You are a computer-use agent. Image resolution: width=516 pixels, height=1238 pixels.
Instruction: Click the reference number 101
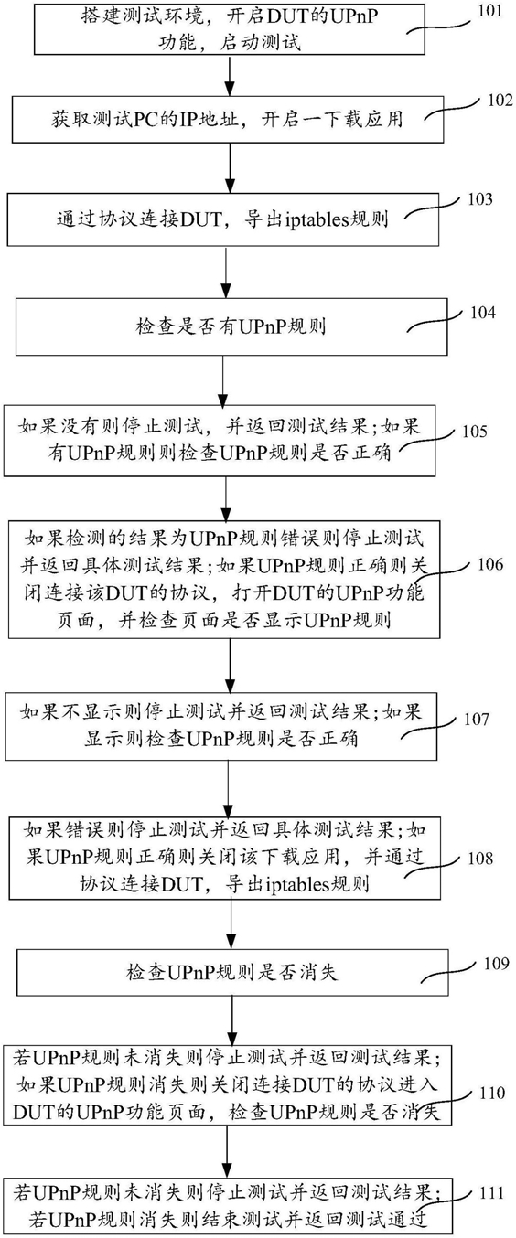(489, 11)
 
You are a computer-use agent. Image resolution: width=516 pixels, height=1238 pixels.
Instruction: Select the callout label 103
(479, 199)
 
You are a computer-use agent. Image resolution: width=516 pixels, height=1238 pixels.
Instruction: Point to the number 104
(483, 313)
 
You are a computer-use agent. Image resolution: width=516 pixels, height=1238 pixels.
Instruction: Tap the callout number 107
(476, 719)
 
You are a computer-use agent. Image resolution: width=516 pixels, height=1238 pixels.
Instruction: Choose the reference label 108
(479, 859)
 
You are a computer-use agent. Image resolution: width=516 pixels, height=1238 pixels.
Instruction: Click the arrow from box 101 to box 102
(230, 76)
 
